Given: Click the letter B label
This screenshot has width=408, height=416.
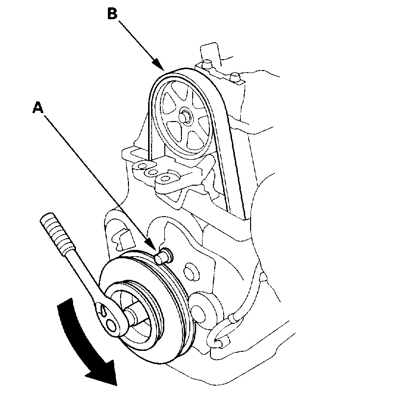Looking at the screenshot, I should [x=112, y=13].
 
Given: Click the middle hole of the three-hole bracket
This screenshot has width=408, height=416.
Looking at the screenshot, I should [x=153, y=172].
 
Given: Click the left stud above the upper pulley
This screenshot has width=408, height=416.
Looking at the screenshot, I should [x=207, y=63].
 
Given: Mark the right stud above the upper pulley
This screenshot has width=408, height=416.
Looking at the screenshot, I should [x=235, y=76].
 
